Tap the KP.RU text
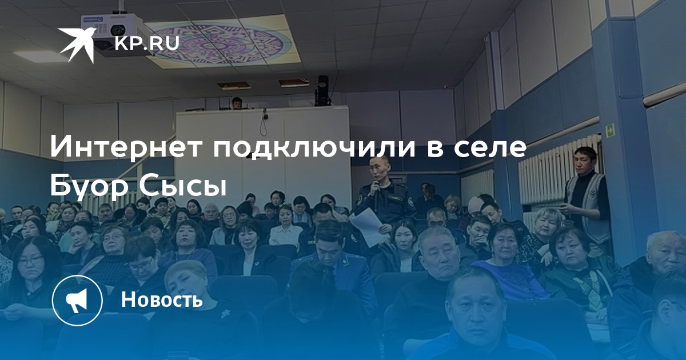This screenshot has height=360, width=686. (147, 43)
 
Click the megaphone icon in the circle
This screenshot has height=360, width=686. (77, 300)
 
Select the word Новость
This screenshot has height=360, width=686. (162, 299)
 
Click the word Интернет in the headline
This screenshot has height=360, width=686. (127, 147)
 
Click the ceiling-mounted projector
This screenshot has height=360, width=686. (115, 34)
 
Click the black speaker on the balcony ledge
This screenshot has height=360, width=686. (322, 91)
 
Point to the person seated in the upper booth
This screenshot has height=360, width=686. (237, 103)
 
